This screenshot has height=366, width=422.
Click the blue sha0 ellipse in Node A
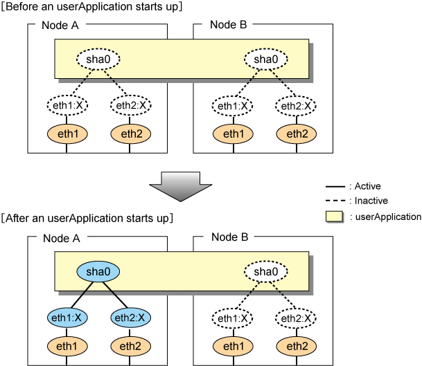pos(98,271)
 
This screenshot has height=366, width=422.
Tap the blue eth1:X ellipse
pos(67,318)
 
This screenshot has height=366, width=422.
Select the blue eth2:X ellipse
pos(130,318)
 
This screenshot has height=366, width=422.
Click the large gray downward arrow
pos(181,187)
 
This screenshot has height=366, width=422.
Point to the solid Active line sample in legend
pos(335,186)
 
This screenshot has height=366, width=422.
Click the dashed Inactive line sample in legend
pos(335,201)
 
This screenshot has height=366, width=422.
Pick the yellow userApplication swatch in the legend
pos(334,217)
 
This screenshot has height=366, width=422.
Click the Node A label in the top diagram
pos(60,26)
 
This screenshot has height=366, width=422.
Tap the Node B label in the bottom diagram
pos(229,237)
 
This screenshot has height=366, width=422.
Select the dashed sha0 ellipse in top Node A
pos(98,59)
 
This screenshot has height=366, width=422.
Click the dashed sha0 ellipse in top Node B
pos(266,59)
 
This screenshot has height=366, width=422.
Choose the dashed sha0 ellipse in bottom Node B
pos(266,271)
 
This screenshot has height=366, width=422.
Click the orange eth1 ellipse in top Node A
pos(67,134)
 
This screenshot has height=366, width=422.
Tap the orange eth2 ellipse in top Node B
pos(297,134)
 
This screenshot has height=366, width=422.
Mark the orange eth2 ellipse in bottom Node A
pos(130,346)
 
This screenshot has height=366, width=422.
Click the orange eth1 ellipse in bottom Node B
pos(233,346)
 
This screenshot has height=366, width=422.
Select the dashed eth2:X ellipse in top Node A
pos(131,105)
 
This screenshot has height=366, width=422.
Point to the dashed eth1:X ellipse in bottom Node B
pos(233,318)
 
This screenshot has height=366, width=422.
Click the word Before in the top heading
pos(21,6)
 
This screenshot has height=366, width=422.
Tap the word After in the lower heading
pos(17,218)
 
